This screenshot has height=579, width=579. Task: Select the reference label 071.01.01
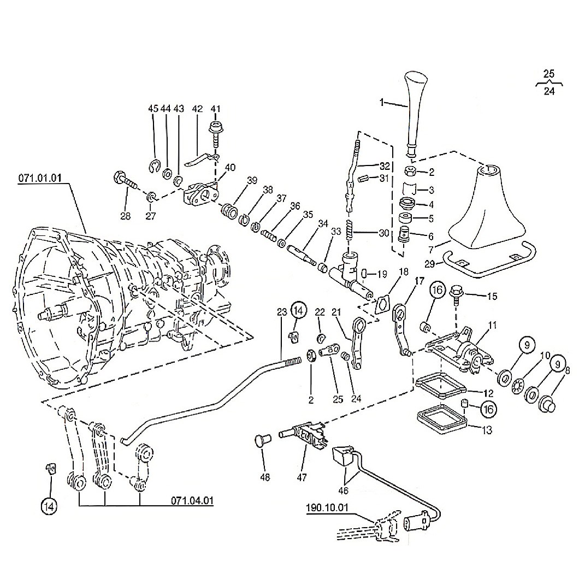pyautogui.click(x=39, y=179)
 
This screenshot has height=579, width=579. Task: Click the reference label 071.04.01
pyautogui.click(x=192, y=501)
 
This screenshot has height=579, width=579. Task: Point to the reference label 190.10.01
pyautogui.click(x=327, y=507)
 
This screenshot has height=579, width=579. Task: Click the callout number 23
pyautogui.click(x=282, y=312)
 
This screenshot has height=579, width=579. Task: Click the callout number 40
pyautogui.click(x=230, y=168)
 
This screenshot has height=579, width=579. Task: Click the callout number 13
pyautogui.click(x=487, y=430)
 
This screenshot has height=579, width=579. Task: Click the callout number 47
pyautogui.click(x=302, y=477)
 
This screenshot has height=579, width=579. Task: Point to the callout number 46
pyautogui.click(x=344, y=491)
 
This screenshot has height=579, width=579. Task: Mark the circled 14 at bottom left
pyautogui.click(x=50, y=506)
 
